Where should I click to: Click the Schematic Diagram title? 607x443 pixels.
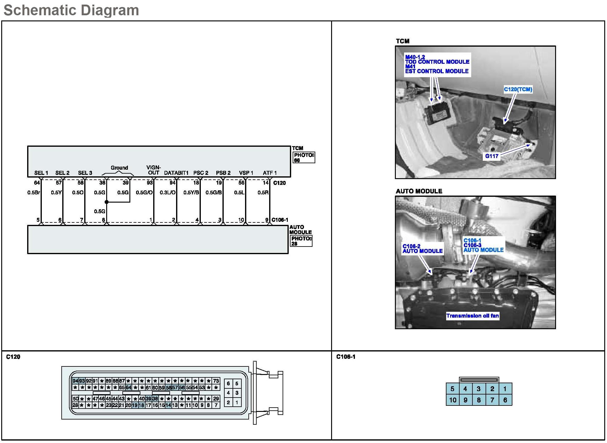[71, 10]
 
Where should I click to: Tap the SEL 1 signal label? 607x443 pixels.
[41, 173]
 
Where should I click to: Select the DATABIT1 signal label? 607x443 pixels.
[176, 173]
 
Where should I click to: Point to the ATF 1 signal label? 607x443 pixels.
[269, 173]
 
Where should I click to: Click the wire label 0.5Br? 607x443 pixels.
[34, 193]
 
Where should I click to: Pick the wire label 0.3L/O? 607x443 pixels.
[168, 193]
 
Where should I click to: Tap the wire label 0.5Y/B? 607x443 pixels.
[191, 193]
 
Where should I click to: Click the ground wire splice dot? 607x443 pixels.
[107, 202]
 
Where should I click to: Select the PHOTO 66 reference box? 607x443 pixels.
[304, 157]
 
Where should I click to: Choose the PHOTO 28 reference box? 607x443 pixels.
[301, 241]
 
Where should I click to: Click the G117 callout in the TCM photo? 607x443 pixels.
[492, 156]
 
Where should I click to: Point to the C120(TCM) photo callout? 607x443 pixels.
[518, 89]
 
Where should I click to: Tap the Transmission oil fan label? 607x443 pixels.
[472, 316]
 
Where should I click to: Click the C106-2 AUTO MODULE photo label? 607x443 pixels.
[422, 249]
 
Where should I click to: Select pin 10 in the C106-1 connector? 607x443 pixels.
[453, 400]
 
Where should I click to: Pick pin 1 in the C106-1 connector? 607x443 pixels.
[505, 389]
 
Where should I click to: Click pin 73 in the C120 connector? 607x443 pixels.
[216, 381]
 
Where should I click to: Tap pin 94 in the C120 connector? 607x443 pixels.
[75, 381]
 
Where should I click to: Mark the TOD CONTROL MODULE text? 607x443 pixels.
[437, 62]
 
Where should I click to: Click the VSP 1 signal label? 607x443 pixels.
[246, 173]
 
